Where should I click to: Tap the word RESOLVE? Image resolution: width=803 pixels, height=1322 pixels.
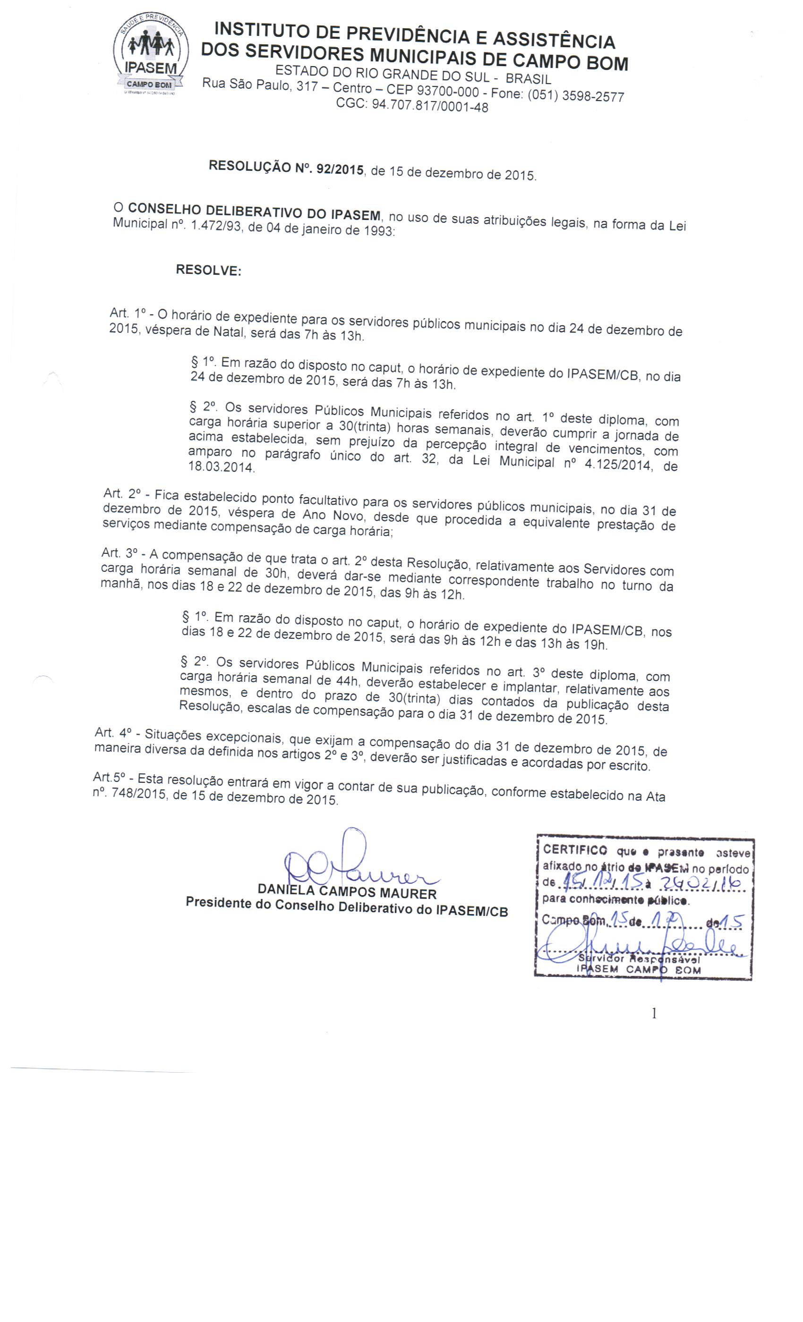click(x=208, y=270)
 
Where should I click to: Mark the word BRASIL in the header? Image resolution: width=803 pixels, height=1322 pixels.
click(x=528, y=79)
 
